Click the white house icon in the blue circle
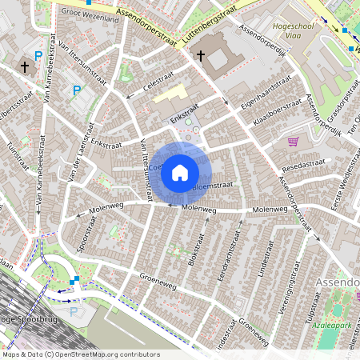(180, 172)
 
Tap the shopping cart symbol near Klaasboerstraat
(293, 142)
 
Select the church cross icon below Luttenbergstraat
(200, 55)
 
